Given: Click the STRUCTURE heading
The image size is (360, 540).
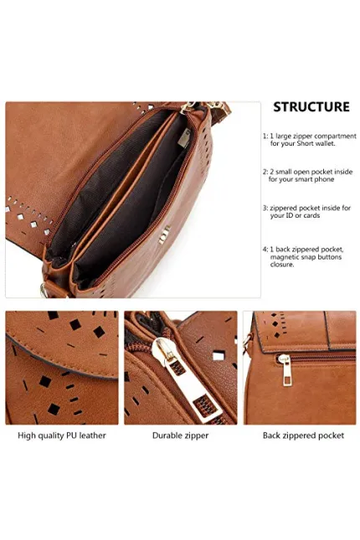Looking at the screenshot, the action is [x=311, y=107].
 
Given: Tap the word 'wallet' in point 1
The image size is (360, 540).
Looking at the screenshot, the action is [x=325, y=144].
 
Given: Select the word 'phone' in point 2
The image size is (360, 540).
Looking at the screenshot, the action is [x=324, y=180].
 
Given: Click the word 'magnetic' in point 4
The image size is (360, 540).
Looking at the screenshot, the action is [x=284, y=257].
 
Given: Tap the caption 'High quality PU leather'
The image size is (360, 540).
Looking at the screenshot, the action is [x=62, y=435].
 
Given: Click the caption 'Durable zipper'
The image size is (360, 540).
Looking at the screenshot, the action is [x=181, y=435].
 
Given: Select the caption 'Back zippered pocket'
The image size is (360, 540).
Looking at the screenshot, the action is [x=303, y=435].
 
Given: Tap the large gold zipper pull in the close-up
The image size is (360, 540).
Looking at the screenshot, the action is [x=186, y=378].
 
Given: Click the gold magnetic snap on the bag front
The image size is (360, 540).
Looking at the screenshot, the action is [x=164, y=235].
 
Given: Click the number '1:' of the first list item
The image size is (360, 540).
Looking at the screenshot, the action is [x=265, y=136].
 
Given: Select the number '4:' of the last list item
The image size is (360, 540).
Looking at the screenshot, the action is [x=265, y=249].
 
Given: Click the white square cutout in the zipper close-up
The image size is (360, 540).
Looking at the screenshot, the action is [x=219, y=356].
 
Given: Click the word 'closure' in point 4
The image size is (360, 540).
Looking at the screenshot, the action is [x=282, y=265].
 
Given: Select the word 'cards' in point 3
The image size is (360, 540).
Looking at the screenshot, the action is [x=311, y=216].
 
